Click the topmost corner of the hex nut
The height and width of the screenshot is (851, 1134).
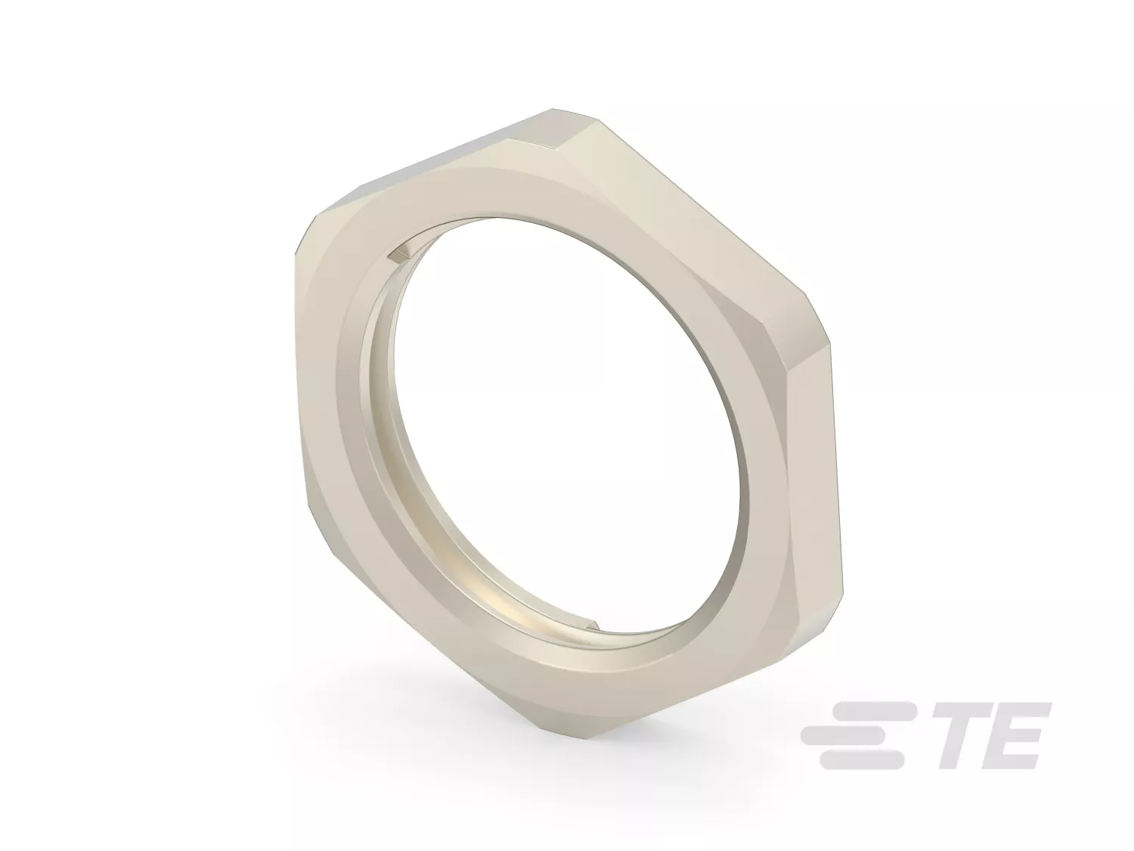click(552, 109)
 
